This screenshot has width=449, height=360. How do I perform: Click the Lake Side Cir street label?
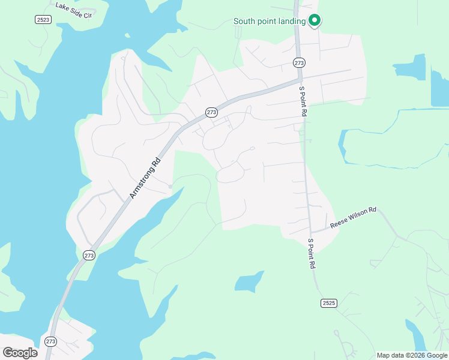click(73, 10)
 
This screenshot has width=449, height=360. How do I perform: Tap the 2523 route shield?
click(43, 20)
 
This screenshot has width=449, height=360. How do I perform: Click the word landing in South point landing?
click(292, 22)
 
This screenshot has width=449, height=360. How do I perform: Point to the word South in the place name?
click(244, 22)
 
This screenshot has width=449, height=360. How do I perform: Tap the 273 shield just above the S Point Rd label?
click(300, 62)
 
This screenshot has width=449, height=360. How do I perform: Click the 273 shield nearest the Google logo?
click(50, 341)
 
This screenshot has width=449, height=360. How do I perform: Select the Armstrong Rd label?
click(146, 178)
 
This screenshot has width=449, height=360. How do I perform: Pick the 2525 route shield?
click(328, 303)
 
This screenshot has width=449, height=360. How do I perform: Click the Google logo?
click(20, 352)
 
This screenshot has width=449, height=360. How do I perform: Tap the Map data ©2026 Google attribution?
click(412, 355)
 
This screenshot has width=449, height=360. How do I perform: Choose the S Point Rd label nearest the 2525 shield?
click(312, 253)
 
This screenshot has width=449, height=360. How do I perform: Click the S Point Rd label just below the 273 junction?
click(303, 101)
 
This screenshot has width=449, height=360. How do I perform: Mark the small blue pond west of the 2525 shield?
click(249, 281)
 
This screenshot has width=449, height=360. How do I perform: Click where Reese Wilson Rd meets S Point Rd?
click(311, 231)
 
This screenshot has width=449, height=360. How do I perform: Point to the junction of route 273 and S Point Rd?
click(300, 78)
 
